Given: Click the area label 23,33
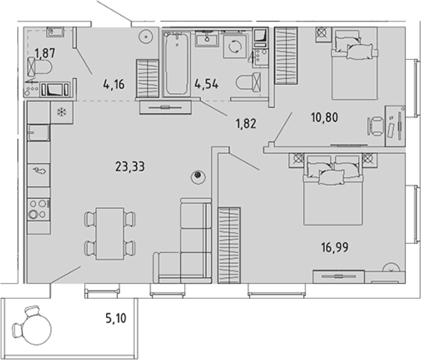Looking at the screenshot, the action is pyautogui.click(x=130, y=167).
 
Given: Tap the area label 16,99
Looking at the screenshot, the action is pyautogui.click(x=335, y=247).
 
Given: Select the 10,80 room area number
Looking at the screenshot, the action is pyautogui.click(x=324, y=117).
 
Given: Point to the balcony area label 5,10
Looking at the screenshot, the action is pyautogui.click(x=116, y=318).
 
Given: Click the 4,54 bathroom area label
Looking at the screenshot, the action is pyautogui.click(x=206, y=84).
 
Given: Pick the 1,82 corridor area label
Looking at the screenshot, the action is pyautogui.click(x=246, y=124).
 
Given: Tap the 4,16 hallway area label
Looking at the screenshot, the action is pyautogui.click(x=114, y=84).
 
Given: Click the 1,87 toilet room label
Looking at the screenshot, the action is pyautogui.click(x=45, y=53).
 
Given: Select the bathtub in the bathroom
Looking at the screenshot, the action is pyautogui.click(x=177, y=64).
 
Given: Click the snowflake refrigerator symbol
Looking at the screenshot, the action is pyautogui.click(x=62, y=112).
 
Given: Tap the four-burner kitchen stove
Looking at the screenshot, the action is pyautogui.click(x=39, y=210).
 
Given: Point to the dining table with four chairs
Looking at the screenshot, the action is pyautogui.click(x=110, y=233).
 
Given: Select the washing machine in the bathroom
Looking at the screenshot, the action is pyautogui.click(x=235, y=46).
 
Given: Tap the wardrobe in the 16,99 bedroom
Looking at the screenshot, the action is pyautogui.click(x=229, y=245).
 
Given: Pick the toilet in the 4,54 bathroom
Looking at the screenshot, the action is pyautogui.click(x=249, y=81).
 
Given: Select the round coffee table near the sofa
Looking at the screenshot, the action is pyautogui.click(x=198, y=177).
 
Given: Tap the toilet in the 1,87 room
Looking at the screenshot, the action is pyautogui.click(x=39, y=67).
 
